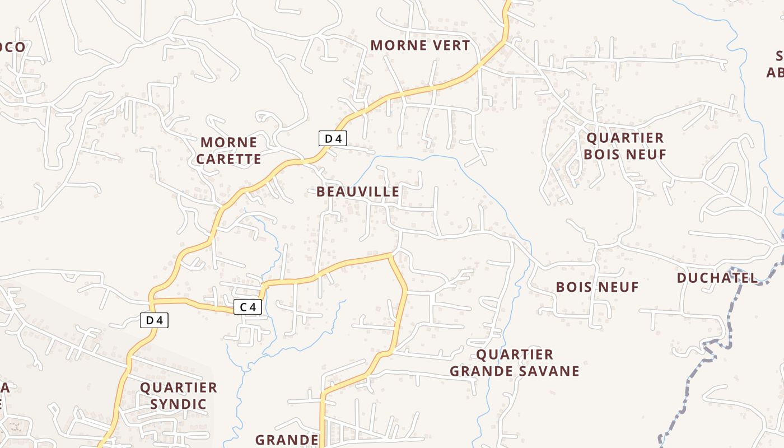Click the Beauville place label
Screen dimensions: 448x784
(x=358, y=192)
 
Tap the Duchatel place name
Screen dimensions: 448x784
(x=717, y=278)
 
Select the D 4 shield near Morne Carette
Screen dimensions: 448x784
(x=333, y=138)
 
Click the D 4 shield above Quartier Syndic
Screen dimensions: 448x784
(x=154, y=320)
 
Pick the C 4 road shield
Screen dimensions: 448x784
(x=248, y=307)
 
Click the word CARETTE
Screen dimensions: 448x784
(x=228, y=159)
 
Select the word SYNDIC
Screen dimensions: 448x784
(x=179, y=404)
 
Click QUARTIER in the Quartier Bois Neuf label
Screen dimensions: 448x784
(x=625, y=138)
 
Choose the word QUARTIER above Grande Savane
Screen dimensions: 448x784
(x=515, y=354)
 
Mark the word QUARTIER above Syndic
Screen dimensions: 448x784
(x=179, y=388)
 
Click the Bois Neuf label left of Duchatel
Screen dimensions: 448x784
(x=597, y=287)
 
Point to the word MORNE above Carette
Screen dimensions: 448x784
(x=228, y=142)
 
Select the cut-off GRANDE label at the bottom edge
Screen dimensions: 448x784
(x=287, y=440)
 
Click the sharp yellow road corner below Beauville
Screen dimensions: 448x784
(x=390, y=255)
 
